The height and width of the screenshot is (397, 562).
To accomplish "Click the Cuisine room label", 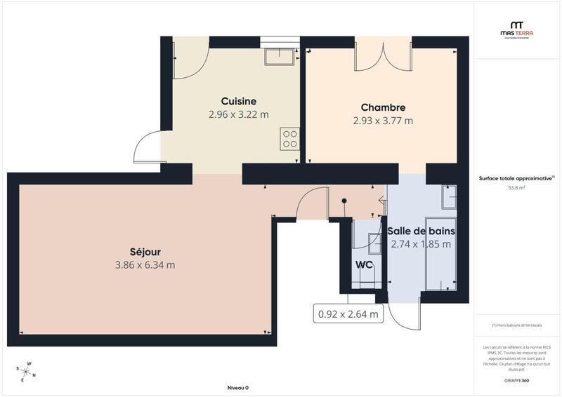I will tap(238, 101).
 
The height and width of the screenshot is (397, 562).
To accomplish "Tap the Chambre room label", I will tap(383, 107).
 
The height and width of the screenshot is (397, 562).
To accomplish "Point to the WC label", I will tap(364, 264).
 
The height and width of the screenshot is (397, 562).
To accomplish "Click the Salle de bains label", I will tap(421, 231).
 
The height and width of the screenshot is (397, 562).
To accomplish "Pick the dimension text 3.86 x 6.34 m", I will tap(145, 265).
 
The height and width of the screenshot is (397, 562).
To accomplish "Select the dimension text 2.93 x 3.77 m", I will tap(383, 121).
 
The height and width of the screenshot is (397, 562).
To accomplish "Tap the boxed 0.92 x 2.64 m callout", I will tap(348, 314).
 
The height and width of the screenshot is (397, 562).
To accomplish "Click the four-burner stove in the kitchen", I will tap(289, 138).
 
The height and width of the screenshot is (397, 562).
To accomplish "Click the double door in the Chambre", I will tap(383, 56).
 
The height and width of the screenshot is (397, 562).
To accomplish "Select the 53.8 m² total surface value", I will tap(516, 188).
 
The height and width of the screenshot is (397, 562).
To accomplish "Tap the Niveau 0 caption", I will tap(237, 388).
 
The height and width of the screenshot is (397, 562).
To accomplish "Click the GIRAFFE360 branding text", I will tap(516, 379).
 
